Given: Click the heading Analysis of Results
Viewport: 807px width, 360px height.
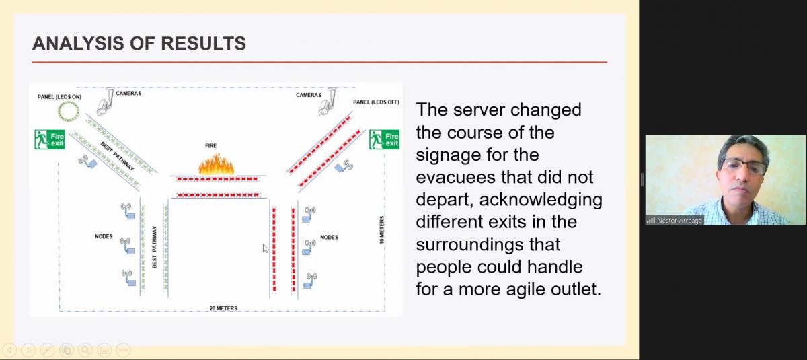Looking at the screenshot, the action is pos(139,43).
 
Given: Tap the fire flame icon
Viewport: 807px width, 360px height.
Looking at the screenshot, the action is pos(216,164).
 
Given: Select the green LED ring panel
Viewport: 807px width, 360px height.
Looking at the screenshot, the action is pos(69,111).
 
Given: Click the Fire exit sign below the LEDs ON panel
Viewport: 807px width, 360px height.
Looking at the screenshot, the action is pos(50,139).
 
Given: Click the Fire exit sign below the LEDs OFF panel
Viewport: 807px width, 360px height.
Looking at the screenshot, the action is pos(384,139).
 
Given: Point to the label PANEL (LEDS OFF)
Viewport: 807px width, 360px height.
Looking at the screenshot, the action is pos(376,102).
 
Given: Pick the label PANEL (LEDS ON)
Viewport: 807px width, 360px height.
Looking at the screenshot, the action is pos(59,97).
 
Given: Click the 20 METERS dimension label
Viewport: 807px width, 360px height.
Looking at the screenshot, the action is pos(223,308).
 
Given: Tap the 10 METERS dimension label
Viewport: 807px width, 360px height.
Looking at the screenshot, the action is pos(382,230).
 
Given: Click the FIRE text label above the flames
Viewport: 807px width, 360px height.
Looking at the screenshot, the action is pos(210,145).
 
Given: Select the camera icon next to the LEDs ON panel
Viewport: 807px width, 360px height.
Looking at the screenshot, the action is pos(105,102).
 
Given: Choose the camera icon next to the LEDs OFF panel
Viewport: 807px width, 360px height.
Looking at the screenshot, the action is pos(328,102).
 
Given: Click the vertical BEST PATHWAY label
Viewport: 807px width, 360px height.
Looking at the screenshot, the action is pos(155,247).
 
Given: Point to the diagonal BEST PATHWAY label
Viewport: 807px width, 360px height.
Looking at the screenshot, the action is pos(117,156).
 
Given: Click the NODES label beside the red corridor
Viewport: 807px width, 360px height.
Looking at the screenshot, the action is pos(329,237).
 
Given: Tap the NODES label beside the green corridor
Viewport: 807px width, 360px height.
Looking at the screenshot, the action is pos(104,236).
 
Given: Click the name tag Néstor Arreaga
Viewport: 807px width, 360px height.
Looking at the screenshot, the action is pos(679,221).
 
